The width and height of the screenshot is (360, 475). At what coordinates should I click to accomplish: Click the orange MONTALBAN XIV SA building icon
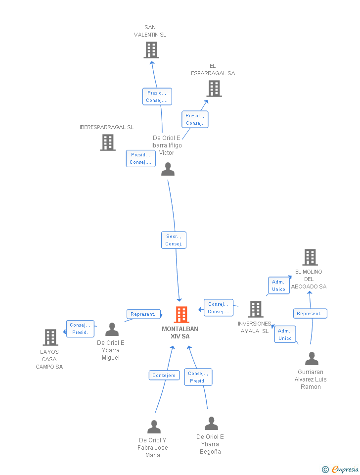pyautogui.click(x=181, y=315)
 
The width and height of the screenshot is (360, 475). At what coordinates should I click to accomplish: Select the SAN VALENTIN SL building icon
pyautogui.click(x=151, y=50)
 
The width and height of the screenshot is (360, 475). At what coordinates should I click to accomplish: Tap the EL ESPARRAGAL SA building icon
pyautogui.click(x=214, y=89)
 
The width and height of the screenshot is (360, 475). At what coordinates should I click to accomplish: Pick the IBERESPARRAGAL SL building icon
pyautogui.click(x=108, y=142)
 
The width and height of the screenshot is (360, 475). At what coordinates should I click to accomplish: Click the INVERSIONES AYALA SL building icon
pyautogui.click(x=255, y=309)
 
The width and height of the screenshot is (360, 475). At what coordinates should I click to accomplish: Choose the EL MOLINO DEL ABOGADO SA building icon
pyautogui.click(x=310, y=257)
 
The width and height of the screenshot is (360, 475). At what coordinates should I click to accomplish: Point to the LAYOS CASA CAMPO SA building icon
pyautogui.click(x=50, y=337)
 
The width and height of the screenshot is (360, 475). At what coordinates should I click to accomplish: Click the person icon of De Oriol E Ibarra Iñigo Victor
pyautogui.click(x=168, y=169)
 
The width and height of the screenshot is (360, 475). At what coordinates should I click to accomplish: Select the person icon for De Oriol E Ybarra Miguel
pyautogui.click(x=112, y=330)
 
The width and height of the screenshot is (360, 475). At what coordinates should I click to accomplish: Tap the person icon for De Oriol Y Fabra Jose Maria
pyautogui.click(x=154, y=427)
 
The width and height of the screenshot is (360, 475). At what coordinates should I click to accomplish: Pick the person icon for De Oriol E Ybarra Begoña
pyautogui.click(x=212, y=424)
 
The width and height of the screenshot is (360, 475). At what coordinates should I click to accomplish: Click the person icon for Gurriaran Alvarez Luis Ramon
pyautogui.click(x=312, y=358)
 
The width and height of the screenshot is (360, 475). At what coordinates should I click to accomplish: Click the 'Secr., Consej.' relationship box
pyautogui.click(x=174, y=240)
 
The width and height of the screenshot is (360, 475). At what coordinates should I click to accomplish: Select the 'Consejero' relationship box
pyautogui.click(x=164, y=376)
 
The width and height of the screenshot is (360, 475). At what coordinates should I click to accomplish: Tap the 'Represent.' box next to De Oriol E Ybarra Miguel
pyautogui.click(x=143, y=314)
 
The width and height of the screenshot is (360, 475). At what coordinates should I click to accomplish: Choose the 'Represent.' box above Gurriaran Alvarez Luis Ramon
pyautogui.click(x=310, y=313)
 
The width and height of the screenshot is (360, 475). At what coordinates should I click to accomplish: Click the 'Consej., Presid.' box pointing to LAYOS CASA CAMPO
pyautogui.click(x=80, y=329)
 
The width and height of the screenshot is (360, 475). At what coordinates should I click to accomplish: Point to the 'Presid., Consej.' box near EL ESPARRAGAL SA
pyautogui.click(x=195, y=119)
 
